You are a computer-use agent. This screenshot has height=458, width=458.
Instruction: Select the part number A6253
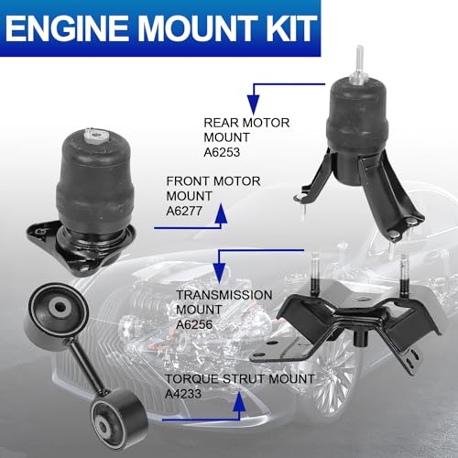[222, 152]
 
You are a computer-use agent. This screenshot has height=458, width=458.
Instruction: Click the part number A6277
[184, 211]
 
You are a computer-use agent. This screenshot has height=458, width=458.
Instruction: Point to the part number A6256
[194, 324]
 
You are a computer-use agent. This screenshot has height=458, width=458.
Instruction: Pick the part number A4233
[183, 394]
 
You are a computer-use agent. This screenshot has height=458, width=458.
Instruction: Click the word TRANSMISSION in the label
[224, 295]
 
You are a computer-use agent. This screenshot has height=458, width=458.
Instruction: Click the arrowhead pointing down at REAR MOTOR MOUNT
[254, 104]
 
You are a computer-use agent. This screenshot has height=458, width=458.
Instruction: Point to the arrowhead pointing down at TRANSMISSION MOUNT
[219, 274]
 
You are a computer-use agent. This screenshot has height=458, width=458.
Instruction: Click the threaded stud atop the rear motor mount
[359, 65]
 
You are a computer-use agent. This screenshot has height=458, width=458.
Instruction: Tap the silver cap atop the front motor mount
[95, 136]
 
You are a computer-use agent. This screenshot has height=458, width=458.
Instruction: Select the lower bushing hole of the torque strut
[104, 426]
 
